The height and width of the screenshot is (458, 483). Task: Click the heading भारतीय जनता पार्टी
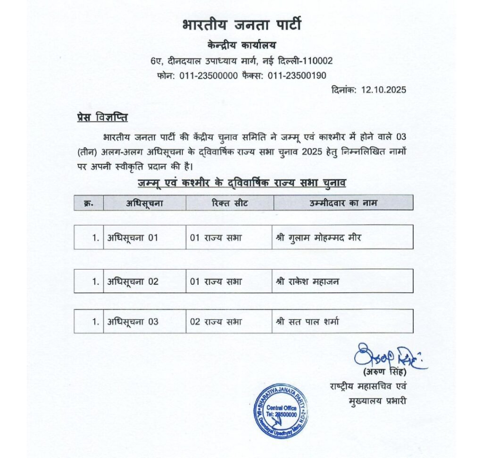[241, 25]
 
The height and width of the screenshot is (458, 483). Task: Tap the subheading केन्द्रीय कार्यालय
[241, 45]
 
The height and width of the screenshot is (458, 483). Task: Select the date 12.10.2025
[383, 90]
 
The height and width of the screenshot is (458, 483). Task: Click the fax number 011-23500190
[297, 76]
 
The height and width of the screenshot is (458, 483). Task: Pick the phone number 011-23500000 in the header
[208, 76]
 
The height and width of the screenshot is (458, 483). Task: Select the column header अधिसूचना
[144, 203]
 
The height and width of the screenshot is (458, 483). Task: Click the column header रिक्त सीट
[230, 203]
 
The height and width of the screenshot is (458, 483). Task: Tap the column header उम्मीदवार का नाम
[343, 203]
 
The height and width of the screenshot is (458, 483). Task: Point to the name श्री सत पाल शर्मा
[307, 322]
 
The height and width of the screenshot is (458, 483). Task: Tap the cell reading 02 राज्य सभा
[216, 322]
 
